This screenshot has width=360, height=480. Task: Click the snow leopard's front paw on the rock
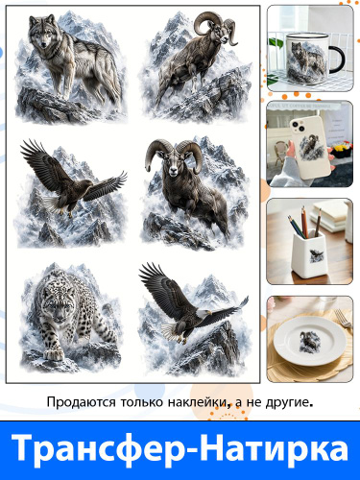[x=54, y=353]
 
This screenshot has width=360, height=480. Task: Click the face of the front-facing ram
[x=174, y=163]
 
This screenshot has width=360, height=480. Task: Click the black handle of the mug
[x=338, y=60]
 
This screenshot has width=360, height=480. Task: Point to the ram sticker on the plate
[x=309, y=341]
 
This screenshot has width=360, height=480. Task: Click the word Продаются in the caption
[x=81, y=402]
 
